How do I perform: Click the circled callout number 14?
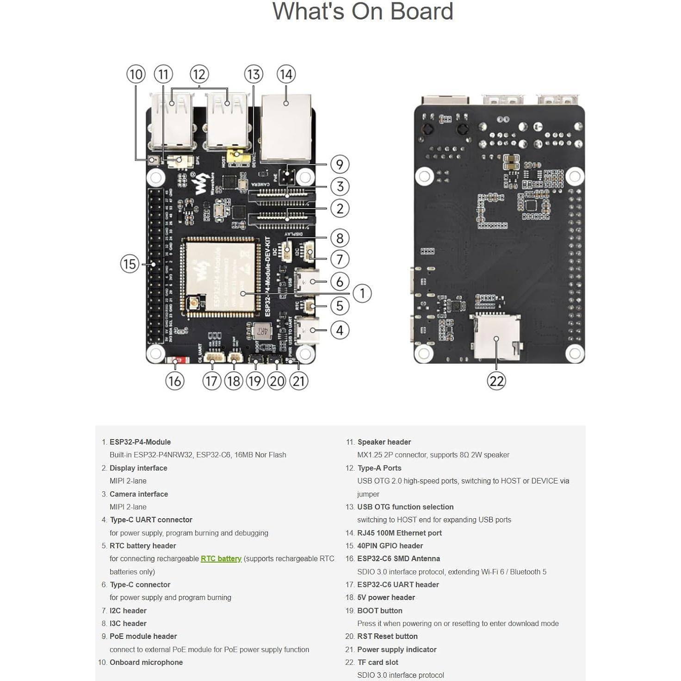point(286,74)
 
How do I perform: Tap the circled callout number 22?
point(496,381)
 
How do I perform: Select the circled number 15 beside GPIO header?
point(130,264)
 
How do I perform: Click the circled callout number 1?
point(362,293)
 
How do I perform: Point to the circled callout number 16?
point(174,381)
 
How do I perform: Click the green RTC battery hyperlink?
point(221,558)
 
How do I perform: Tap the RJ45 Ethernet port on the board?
point(286,128)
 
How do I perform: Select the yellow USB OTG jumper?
point(237,155)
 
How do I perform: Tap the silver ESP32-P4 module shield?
point(221,276)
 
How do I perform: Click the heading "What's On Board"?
point(362,12)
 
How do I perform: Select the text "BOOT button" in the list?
point(379,610)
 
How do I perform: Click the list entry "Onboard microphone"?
point(146,662)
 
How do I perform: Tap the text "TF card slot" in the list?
point(378,662)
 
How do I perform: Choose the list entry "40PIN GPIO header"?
point(390,545)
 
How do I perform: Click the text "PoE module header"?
point(143,636)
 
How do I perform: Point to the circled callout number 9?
point(340,164)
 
